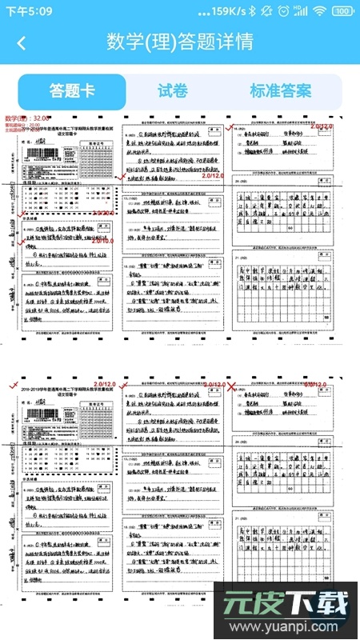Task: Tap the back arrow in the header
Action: click(x=21, y=42)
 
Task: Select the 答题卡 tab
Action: click(x=72, y=91)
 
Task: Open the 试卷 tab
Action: click(x=172, y=91)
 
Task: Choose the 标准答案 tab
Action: click(x=280, y=91)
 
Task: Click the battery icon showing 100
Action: click(x=342, y=11)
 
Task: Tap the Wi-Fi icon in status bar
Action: click(x=320, y=11)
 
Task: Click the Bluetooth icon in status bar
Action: click(x=252, y=11)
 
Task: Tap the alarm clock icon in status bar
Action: click(x=283, y=11)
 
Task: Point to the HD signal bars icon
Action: click(x=301, y=11)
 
